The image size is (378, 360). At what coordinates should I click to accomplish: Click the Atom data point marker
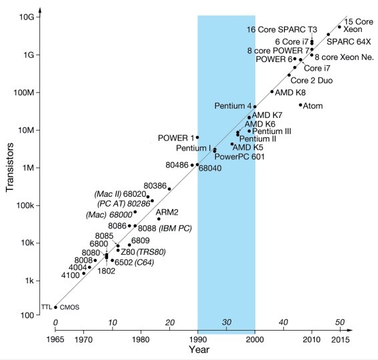[301, 105]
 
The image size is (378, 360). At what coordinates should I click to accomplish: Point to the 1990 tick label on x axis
[197, 339]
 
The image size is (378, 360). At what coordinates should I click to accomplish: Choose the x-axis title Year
[198, 350]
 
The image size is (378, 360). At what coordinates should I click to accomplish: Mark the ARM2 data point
[159, 219]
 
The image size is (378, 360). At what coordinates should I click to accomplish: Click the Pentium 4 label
[233, 106]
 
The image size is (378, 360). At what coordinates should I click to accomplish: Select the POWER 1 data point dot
[197, 137]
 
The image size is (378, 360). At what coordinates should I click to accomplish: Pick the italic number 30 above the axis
[226, 322]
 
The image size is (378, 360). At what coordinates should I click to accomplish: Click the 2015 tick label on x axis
[340, 339]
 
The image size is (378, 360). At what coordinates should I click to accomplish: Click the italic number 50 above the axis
[340, 322]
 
